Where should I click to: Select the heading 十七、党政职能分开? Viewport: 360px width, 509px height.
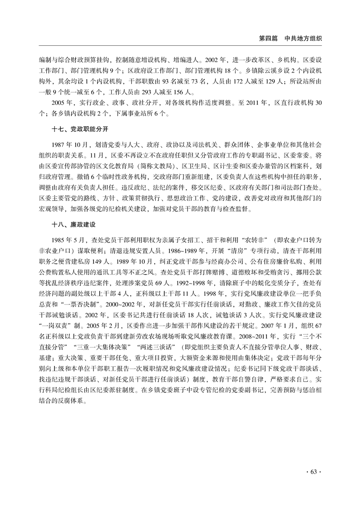79,129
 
